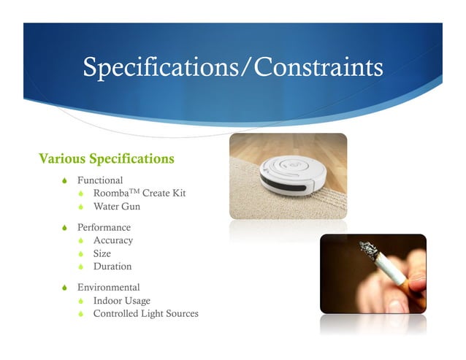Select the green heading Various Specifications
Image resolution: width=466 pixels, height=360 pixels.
pyautogui.click(x=107, y=158)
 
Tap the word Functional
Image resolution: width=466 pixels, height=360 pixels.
pyautogui.click(x=100, y=180)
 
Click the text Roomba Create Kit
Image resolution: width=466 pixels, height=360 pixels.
pyautogui.click(x=140, y=194)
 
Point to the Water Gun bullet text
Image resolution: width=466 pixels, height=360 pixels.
pyautogui.click(x=117, y=207)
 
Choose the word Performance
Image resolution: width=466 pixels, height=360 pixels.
pyautogui.click(x=104, y=228)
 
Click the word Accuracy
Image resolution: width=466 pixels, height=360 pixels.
pyautogui.click(x=113, y=240)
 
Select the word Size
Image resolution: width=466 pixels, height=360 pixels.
pyautogui.click(x=102, y=253)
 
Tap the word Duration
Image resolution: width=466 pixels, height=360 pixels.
pyautogui.click(x=113, y=267)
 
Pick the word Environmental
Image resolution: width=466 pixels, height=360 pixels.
pyautogui.click(x=109, y=288)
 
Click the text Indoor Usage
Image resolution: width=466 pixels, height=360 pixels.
pyautogui.click(x=122, y=301)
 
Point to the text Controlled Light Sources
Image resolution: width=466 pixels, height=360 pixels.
pyautogui.click(x=146, y=314)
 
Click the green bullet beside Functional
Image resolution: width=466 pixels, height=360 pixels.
pyautogui.click(x=66, y=180)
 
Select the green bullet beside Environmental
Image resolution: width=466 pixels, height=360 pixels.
pyautogui.click(x=66, y=288)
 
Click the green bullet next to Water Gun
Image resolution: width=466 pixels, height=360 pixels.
pyautogui.click(x=83, y=207)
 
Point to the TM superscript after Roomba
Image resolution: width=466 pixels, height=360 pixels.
pyautogui.click(x=133, y=191)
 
